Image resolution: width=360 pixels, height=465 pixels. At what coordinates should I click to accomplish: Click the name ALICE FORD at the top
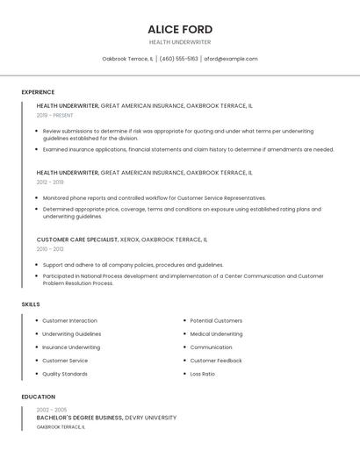[180, 30]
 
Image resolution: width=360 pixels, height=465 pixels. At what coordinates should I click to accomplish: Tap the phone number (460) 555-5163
[178, 59]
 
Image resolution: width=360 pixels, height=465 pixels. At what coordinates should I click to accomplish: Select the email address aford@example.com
[231, 59]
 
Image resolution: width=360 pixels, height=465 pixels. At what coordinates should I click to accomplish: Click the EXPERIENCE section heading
[38, 92]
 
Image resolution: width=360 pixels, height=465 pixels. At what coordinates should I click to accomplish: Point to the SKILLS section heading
[31, 304]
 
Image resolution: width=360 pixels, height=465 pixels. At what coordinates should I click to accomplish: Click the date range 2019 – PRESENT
[55, 115]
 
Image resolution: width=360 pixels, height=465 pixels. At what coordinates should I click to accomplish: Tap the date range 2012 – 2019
[50, 182]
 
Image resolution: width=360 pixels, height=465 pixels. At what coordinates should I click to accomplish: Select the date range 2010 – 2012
[50, 249]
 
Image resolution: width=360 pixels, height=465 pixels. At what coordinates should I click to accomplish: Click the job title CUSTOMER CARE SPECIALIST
[76, 240]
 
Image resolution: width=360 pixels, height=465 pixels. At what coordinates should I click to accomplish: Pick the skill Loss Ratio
[203, 374]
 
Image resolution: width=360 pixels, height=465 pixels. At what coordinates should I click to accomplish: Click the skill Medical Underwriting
[216, 334]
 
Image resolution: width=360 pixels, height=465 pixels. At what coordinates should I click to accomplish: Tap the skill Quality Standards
[65, 374]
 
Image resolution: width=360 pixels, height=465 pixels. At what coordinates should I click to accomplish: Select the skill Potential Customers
[216, 321]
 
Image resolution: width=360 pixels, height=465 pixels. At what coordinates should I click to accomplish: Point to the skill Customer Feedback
[216, 361]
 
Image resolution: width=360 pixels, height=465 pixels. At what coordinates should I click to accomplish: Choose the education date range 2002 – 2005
[52, 410]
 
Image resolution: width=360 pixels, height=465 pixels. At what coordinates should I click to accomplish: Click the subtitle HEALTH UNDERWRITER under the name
[180, 41]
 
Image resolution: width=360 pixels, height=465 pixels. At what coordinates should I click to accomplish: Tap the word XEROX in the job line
[129, 240]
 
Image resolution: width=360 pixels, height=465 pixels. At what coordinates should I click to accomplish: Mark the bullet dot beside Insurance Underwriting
[37, 347]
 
